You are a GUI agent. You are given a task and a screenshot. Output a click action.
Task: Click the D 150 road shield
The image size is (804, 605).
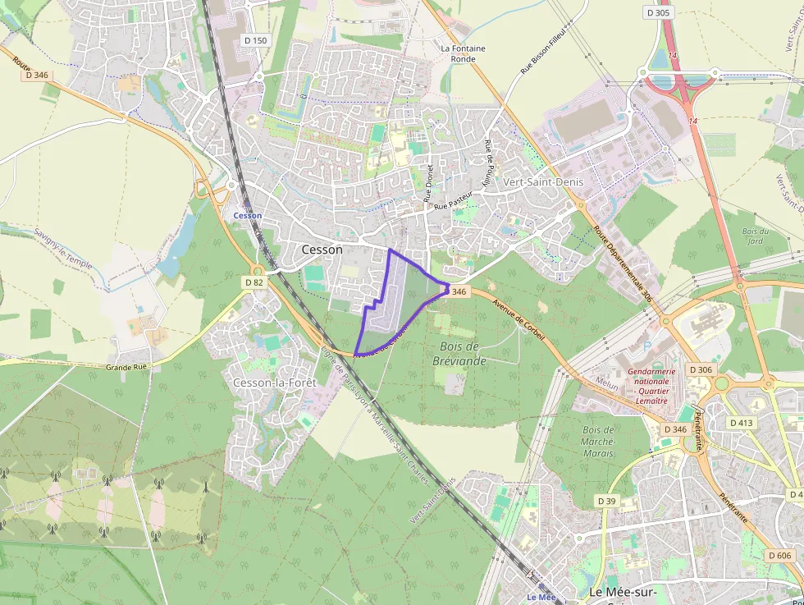click(x=255, y=40)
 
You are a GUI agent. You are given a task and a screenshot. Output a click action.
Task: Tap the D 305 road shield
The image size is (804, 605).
click(x=658, y=12)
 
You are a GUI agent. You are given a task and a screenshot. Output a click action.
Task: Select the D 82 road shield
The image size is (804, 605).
click(x=254, y=282)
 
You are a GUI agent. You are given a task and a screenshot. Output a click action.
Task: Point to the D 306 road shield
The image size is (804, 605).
click(x=701, y=369)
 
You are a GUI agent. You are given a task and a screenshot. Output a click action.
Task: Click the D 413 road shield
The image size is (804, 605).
click(x=741, y=423)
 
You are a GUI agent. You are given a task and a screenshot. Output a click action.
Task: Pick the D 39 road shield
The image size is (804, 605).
click(x=606, y=501)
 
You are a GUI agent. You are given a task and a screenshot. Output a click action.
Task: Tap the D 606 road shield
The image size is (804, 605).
click(x=780, y=556)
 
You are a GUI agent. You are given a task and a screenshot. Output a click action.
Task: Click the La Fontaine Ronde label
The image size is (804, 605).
click(x=463, y=53)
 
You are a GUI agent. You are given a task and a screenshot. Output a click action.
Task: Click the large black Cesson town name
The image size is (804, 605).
click(x=322, y=250)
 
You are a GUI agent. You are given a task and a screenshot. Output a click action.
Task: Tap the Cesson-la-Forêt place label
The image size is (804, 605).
click(x=269, y=383)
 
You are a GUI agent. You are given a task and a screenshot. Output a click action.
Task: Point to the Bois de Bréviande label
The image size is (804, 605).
click(x=459, y=354)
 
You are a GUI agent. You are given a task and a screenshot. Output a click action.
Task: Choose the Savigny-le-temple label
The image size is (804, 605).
click(x=63, y=247)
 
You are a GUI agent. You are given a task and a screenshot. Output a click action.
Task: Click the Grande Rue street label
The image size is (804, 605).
click(x=126, y=367)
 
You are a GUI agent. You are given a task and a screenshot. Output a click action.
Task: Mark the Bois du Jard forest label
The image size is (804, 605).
click(x=755, y=236)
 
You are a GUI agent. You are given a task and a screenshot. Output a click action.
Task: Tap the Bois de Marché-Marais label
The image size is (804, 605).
click(x=597, y=441)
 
